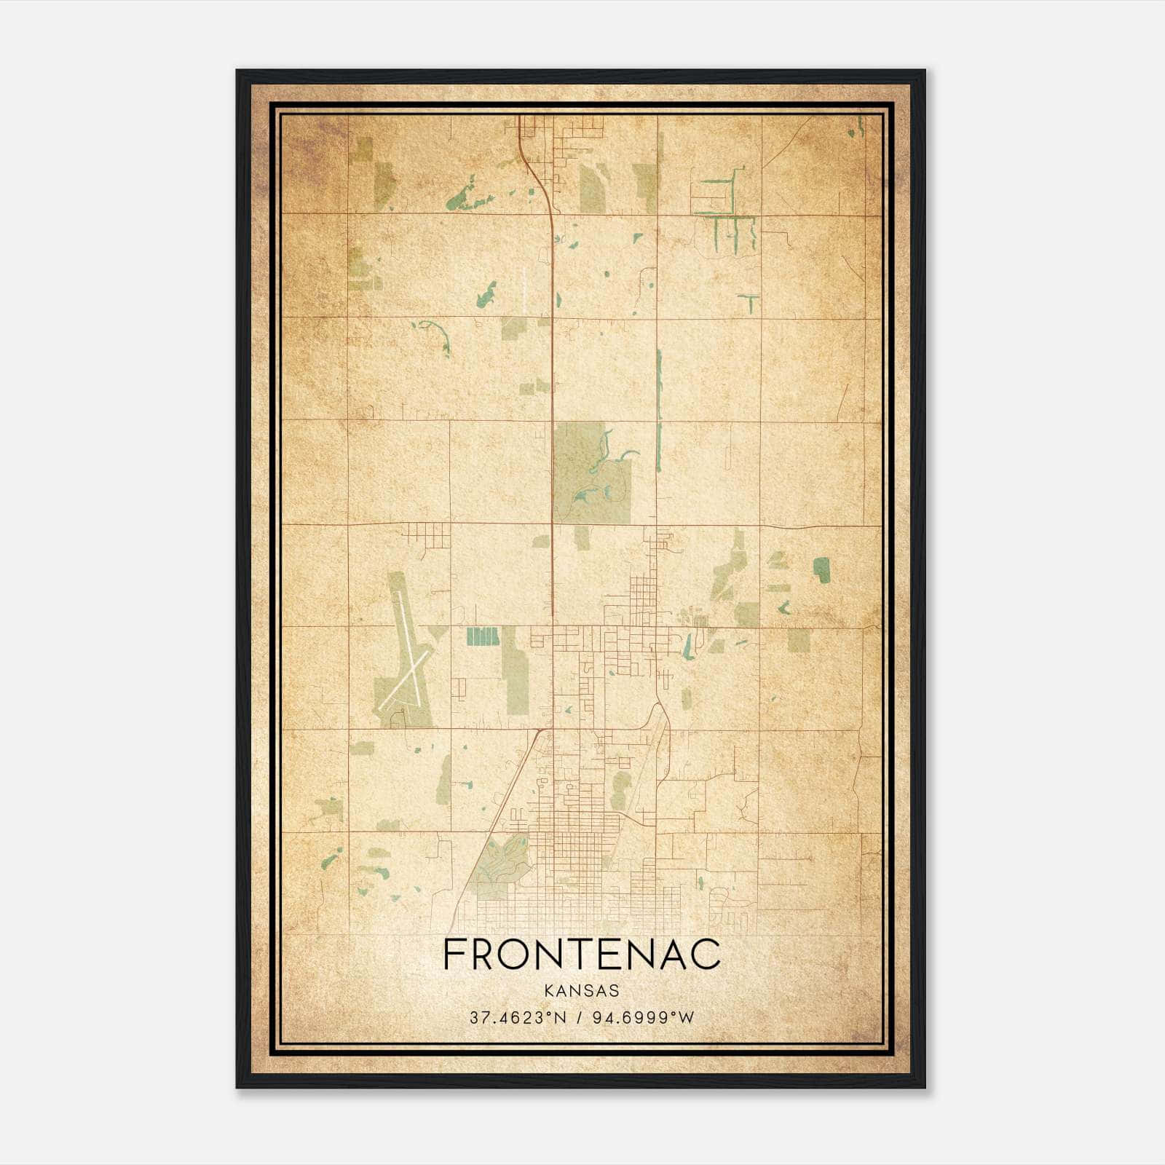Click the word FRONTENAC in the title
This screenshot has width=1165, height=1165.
[x=582, y=955]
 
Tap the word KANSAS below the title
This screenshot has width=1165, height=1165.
[x=581, y=991]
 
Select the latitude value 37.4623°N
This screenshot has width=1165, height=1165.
[x=518, y=1018]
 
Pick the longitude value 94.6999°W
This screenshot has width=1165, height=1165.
[x=644, y=1018]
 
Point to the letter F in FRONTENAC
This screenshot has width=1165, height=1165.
[x=453, y=955]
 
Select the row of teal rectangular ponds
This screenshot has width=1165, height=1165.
[x=482, y=636]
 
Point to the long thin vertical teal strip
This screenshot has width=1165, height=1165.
[x=660, y=408]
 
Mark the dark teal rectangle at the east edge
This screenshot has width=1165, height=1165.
[x=822, y=570]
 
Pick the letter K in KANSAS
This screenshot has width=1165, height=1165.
[x=547, y=991]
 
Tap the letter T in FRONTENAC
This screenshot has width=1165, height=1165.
[x=582, y=955]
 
